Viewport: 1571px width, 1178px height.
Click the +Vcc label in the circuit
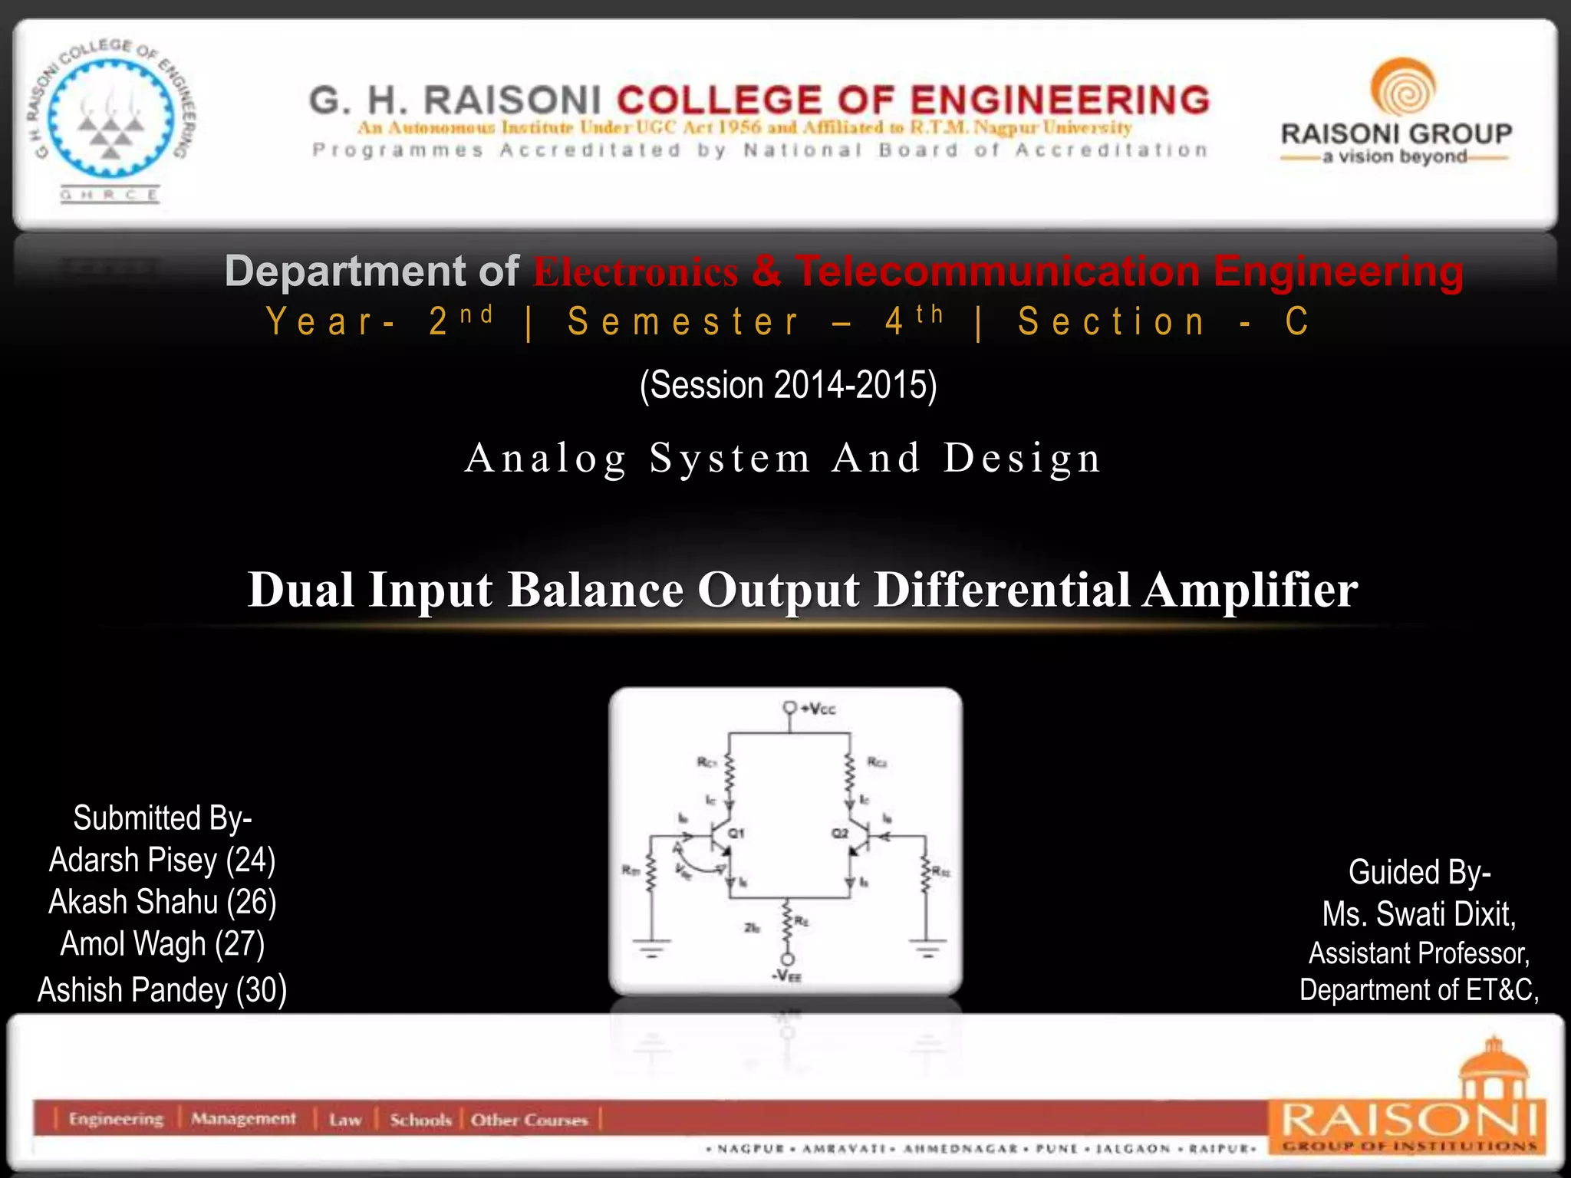[818, 709]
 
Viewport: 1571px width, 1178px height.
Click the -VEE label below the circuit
[786, 976]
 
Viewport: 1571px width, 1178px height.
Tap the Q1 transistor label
[736, 832]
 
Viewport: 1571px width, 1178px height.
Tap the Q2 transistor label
[840, 832]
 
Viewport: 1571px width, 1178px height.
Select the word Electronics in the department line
[635, 272]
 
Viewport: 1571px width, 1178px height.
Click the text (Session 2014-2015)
[788, 385]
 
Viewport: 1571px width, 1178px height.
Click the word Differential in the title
[1002, 590]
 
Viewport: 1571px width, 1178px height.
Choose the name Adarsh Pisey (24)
[162, 860]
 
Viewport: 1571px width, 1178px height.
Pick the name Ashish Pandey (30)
[162, 989]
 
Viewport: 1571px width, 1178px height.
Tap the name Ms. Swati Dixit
[1418, 913]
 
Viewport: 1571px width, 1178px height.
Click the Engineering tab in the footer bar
[116, 1119]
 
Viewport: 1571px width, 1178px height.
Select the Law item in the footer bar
[344, 1120]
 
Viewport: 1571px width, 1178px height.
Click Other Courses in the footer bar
[529, 1120]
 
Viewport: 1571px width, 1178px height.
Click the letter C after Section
[1296, 321]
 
